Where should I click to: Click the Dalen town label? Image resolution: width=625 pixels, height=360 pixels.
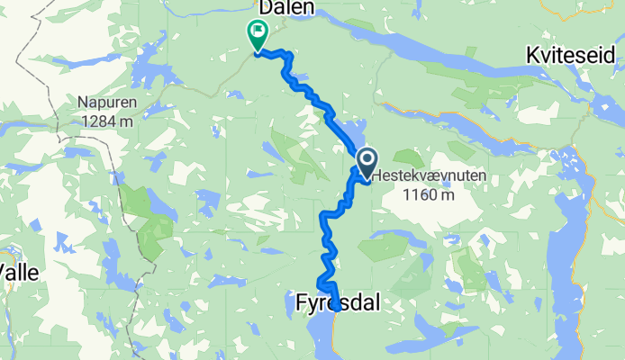pos(286,8)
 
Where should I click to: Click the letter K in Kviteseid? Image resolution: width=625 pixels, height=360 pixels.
pos(532,56)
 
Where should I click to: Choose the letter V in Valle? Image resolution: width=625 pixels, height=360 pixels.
pos(5,273)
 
